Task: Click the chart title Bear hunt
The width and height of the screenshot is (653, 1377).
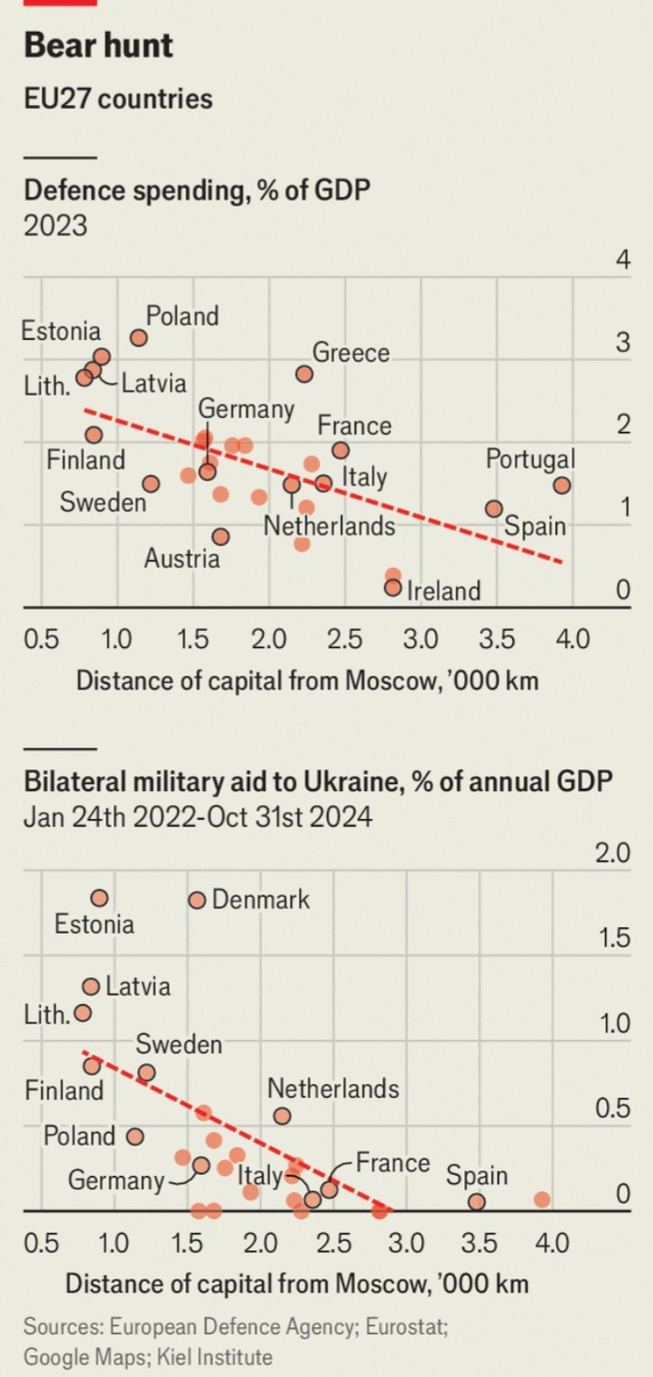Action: tap(99, 45)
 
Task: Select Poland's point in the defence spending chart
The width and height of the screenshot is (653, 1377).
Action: tap(139, 337)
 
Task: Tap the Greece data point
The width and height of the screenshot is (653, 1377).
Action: tap(304, 374)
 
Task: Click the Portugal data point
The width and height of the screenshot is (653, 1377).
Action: tap(562, 486)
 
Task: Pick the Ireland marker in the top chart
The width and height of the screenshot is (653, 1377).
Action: tap(393, 588)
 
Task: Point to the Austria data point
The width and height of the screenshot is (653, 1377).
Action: tap(221, 536)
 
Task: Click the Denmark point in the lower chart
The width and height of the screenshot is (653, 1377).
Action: tap(196, 900)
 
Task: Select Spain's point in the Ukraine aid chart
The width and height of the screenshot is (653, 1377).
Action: tap(476, 1201)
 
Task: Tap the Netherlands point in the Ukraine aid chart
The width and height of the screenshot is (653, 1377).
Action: tap(282, 1116)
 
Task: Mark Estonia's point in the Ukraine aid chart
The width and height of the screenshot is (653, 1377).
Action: tap(100, 898)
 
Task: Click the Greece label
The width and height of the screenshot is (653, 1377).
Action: tap(350, 353)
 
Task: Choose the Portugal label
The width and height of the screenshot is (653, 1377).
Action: tap(531, 460)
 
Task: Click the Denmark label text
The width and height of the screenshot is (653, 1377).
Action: tap(261, 900)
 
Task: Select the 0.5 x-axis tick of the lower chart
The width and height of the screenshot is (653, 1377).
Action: tap(40, 1244)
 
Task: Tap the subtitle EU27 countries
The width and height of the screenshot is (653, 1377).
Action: tap(118, 99)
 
